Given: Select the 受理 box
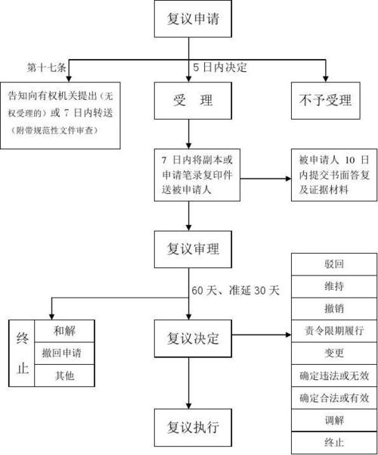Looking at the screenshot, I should tap(188, 101).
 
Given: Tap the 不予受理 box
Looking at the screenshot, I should tap(326, 101).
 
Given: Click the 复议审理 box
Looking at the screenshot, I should tap(188, 248).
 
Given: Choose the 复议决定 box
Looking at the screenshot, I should tap(188, 338).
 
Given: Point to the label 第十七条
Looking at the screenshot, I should tap(47, 67).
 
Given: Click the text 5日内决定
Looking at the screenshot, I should tap(221, 67).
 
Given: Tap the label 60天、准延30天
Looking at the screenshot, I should tap(235, 291).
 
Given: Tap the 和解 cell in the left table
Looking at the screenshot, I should tap(64, 331).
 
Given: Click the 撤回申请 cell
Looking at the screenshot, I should tap(64, 353).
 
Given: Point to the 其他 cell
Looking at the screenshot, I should tap(64, 375).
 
